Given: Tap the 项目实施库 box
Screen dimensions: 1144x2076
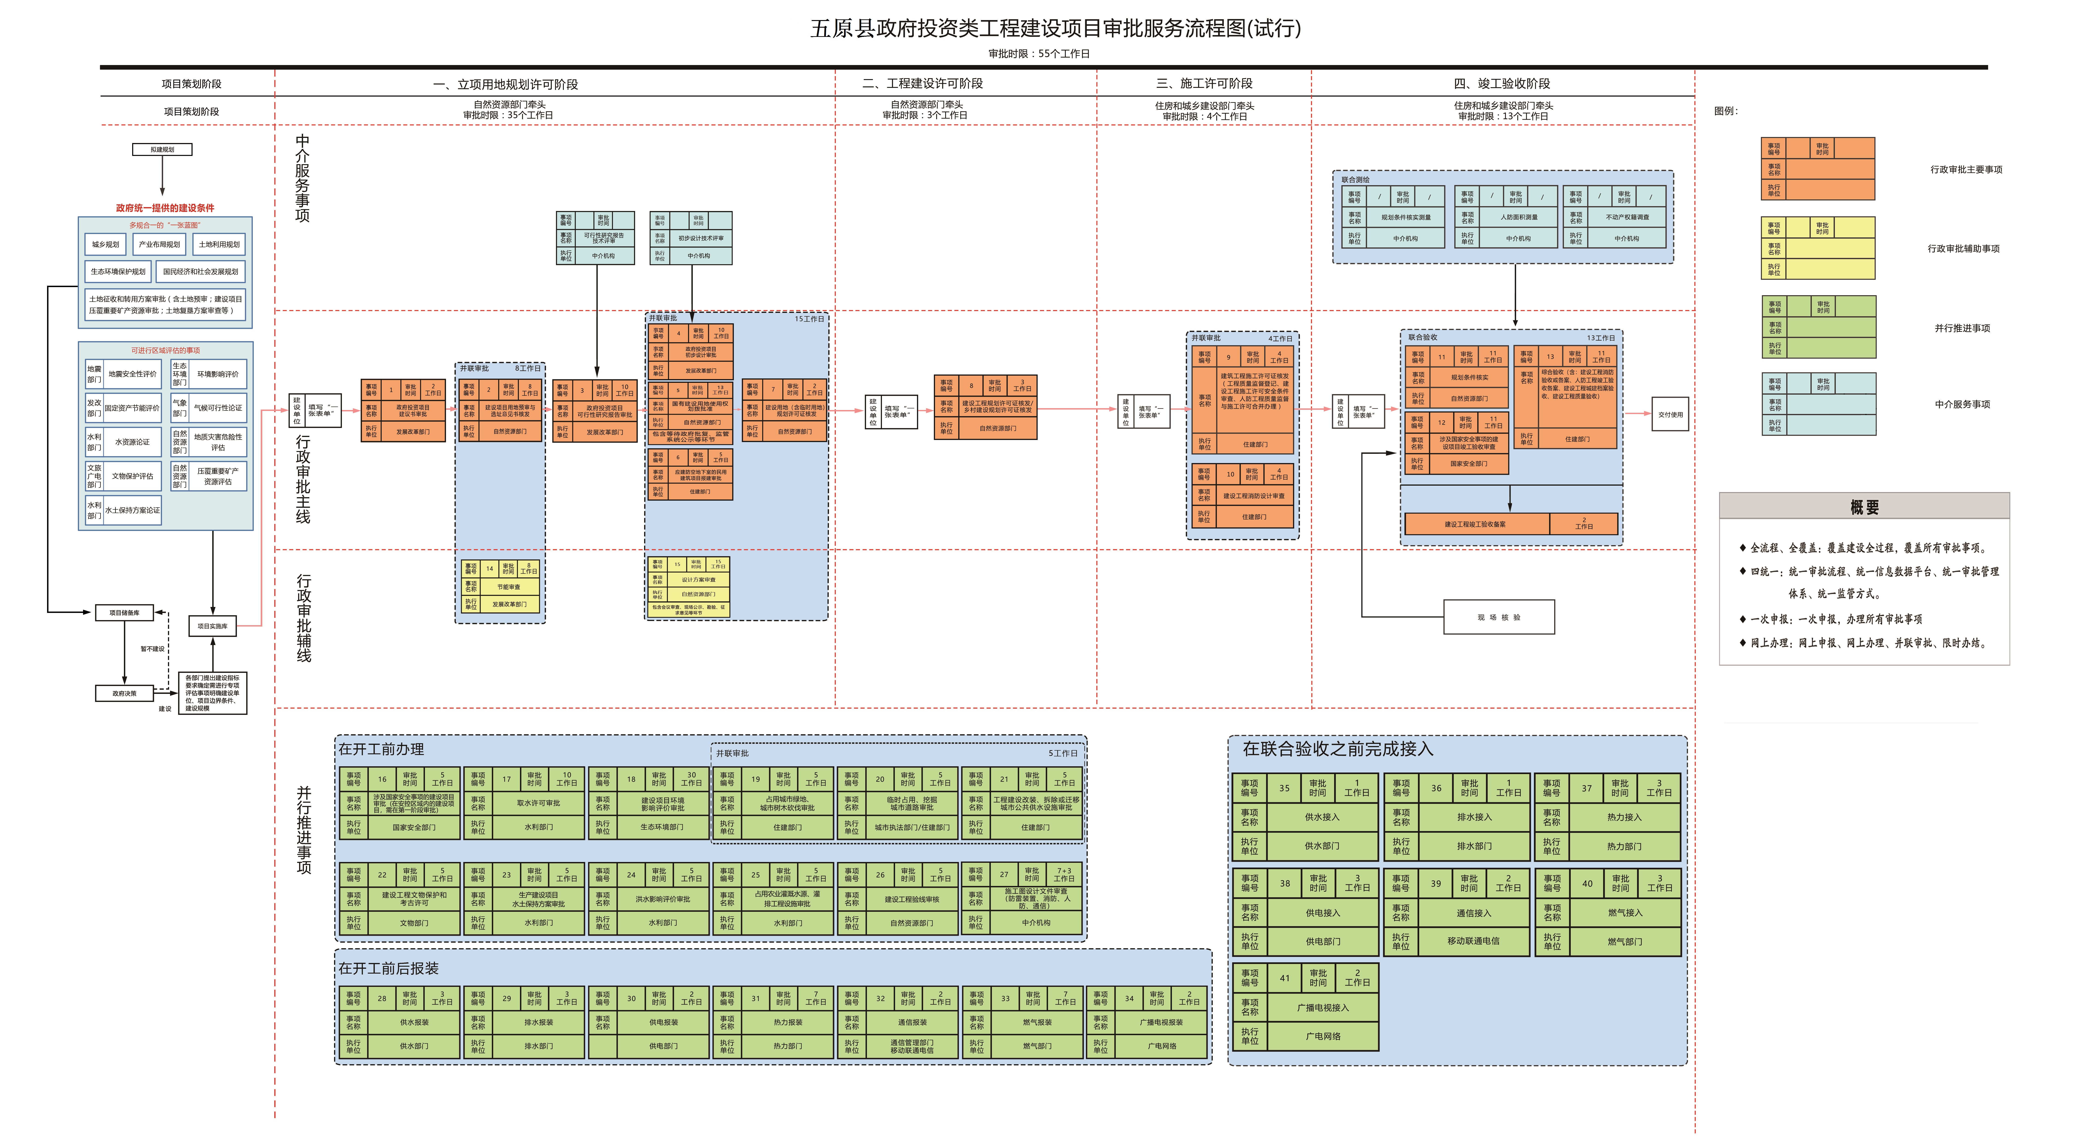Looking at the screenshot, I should [213, 626].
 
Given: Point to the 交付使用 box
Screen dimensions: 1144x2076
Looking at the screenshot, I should [1670, 414].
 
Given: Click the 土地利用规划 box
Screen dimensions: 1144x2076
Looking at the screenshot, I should [219, 244].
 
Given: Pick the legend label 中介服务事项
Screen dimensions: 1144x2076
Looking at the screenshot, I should [1962, 404].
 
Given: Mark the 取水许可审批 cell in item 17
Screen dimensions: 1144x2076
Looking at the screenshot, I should [538, 803].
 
